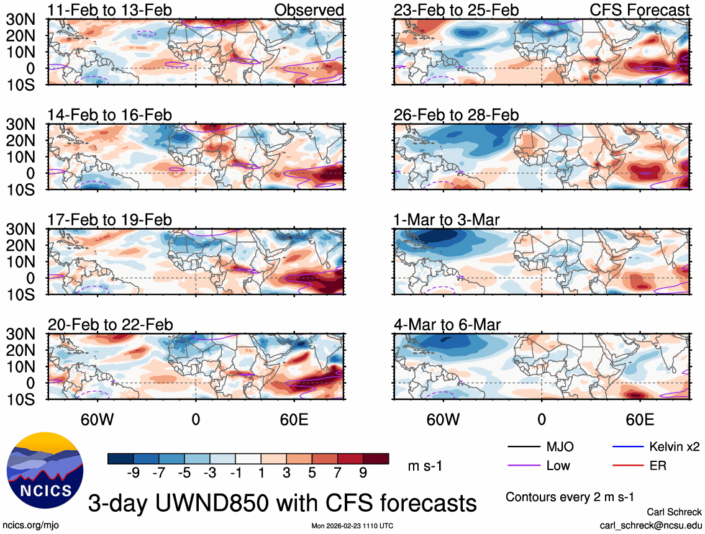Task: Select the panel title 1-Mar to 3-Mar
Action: (x=447, y=219)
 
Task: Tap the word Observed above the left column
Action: (x=309, y=10)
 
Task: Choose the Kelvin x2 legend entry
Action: (x=675, y=446)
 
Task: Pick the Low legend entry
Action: (x=557, y=465)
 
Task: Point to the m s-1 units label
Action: (x=425, y=466)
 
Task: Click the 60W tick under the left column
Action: (x=97, y=419)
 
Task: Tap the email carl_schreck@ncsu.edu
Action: (x=651, y=525)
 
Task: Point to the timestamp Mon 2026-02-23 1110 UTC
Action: (x=352, y=526)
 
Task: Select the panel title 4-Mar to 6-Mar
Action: (x=447, y=324)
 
